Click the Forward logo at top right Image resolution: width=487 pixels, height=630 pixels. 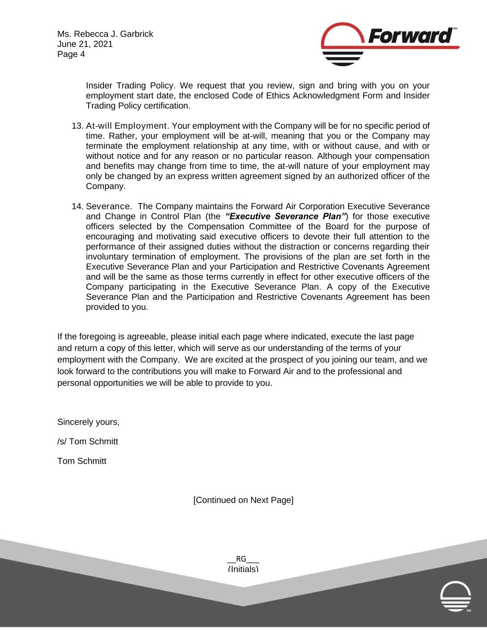390,44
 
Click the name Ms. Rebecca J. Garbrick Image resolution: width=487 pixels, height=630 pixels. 105,34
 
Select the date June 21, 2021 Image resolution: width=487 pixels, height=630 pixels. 84,44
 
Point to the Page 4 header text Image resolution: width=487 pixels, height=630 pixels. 71,54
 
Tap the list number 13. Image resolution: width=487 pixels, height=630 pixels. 77,126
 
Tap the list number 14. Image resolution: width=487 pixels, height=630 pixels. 77,206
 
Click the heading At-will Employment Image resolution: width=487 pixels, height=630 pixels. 126,126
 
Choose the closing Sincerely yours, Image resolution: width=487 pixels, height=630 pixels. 88,422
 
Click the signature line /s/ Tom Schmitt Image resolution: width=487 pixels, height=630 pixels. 88,442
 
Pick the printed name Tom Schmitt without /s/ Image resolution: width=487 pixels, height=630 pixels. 82,461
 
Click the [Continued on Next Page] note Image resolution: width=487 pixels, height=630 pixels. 243,500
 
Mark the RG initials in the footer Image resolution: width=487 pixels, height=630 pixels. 241,559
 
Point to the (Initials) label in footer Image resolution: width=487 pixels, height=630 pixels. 243,569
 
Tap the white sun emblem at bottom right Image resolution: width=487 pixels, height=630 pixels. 456,596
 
